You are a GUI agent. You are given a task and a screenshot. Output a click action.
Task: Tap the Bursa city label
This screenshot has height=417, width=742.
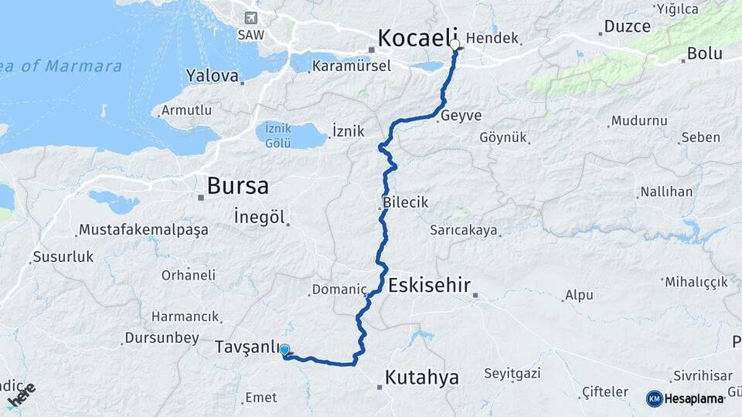click(238, 186)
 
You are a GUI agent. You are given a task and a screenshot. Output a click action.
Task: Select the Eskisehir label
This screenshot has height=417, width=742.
click(429, 285)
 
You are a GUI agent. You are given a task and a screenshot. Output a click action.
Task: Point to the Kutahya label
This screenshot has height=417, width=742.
click(421, 378)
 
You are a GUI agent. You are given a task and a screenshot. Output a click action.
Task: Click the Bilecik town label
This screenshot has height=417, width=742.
click(405, 202)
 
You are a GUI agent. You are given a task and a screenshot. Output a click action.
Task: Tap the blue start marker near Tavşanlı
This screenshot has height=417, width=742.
click(285, 351)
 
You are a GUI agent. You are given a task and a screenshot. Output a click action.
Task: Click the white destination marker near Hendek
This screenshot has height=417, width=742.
click(454, 45)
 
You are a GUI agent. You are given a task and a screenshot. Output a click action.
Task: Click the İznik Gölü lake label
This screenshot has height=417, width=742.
click(277, 135)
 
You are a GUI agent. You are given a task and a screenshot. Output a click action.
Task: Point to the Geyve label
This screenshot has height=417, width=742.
click(461, 115)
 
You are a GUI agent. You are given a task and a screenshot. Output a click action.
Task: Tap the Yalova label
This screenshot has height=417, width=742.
click(212, 76)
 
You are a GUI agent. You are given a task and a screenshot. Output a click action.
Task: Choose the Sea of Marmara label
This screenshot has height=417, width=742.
click(62, 66)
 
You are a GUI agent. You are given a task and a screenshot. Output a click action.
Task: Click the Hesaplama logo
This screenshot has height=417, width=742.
click(686, 398)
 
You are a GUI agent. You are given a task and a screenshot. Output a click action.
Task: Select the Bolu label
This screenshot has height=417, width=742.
click(704, 54)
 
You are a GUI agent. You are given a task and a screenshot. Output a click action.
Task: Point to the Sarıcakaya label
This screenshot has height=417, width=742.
click(464, 230)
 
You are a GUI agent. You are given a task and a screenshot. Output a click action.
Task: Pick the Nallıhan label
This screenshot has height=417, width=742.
click(666, 192)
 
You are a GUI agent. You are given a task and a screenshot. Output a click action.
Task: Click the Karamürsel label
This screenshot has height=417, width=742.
click(351, 66)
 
